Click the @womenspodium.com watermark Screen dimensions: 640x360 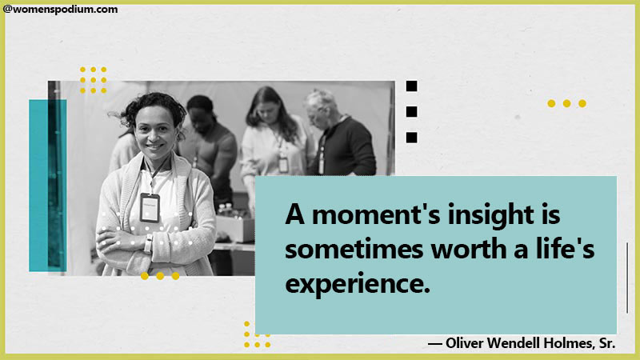point(61,10)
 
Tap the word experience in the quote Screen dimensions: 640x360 point(358,284)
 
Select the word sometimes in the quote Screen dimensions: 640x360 point(354,249)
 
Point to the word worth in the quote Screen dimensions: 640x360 point(469,249)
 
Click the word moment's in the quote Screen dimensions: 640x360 point(376,214)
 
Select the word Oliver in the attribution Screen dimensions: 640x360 point(465,343)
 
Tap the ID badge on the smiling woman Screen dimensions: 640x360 point(150,208)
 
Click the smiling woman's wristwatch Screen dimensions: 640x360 point(149,244)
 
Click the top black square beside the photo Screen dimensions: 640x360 point(411,86)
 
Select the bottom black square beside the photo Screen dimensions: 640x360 point(411,138)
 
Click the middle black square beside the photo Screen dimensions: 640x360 point(411,112)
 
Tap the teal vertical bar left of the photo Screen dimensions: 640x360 point(47,186)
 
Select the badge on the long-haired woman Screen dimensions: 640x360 point(283,164)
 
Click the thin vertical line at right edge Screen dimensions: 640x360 point(627,278)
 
